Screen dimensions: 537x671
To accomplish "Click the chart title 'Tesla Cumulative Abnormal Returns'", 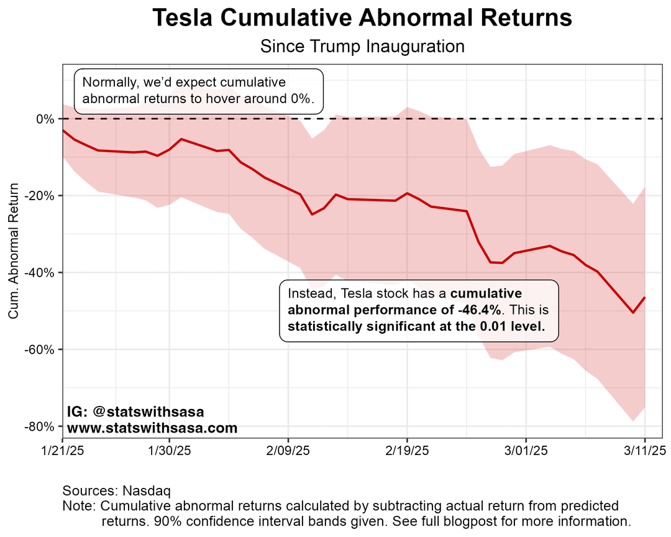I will pyautogui.click(x=362, y=19).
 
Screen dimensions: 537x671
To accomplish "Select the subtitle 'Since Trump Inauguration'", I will pyautogui.click(x=362, y=47).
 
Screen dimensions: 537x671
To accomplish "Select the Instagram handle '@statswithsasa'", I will pyautogui.click(x=148, y=412).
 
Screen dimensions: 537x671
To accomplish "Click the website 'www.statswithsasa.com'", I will pyautogui.click(x=152, y=428).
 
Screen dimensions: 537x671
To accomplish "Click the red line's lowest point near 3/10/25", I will pyautogui.click(x=632, y=312).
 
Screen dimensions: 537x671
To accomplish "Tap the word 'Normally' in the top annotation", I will pyautogui.click(x=107, y=83).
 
